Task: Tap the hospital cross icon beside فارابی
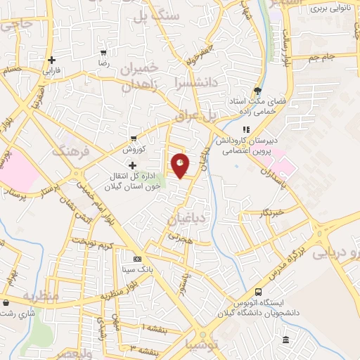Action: [x=51, y=60]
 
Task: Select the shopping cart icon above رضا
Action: [x=104, y=53]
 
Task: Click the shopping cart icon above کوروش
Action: [x=133, y=138]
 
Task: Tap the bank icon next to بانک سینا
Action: [x=127, y=258]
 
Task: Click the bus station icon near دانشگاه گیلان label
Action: [x=259, y=292]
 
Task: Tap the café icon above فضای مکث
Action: [x=257, y=90]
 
